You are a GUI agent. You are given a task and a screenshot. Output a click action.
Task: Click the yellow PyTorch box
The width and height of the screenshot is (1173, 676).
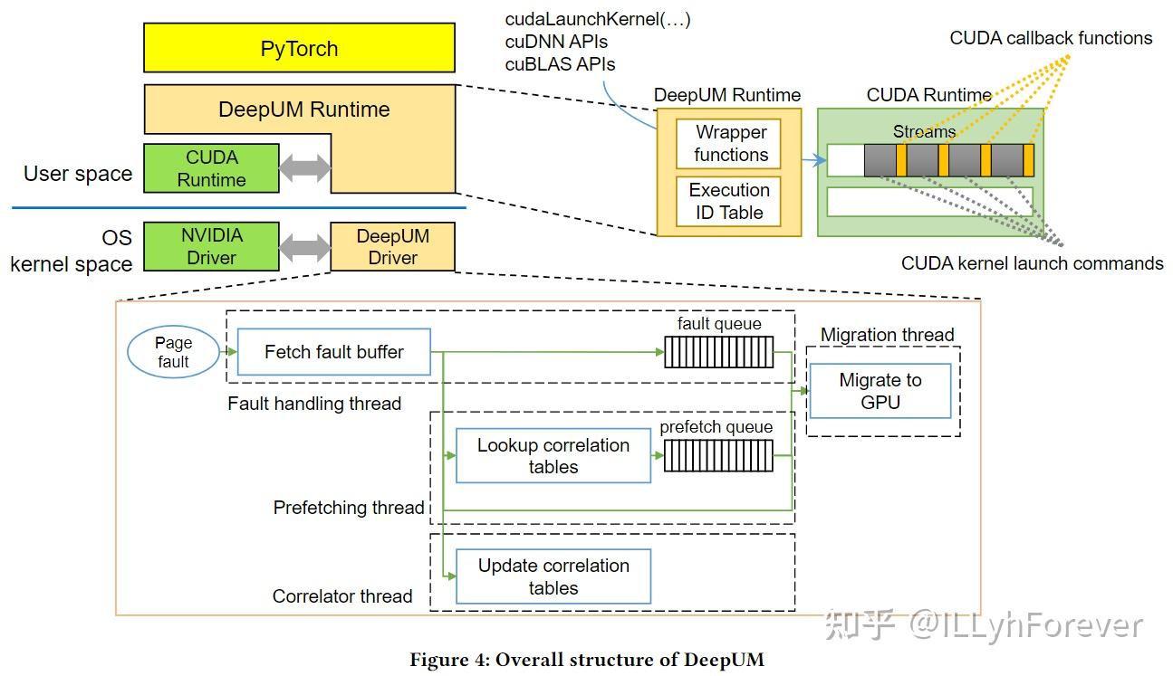(299, 48)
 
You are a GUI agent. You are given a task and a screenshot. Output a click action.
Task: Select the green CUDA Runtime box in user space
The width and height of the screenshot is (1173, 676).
(211, 168)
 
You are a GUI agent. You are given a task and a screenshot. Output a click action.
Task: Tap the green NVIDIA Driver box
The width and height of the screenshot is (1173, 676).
(211, 246)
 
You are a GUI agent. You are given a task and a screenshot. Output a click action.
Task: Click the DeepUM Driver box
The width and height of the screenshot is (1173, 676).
(392, 247)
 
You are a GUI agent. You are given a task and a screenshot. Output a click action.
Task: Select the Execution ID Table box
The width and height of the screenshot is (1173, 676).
(729, 202)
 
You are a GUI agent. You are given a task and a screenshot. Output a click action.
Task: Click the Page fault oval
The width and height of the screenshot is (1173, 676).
(173, 352)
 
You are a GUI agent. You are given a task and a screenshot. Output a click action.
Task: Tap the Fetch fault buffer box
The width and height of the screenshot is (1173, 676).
(333, 352)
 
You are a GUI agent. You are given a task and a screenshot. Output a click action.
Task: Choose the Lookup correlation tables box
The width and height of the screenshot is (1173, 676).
(553, 456)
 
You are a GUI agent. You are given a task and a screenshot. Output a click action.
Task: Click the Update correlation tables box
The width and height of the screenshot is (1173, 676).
(553, 576)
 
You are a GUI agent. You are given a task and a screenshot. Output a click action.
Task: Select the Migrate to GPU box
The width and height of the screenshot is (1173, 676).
(880, 391)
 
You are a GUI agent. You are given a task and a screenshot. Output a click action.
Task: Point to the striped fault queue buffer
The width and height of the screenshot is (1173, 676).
(719, 352)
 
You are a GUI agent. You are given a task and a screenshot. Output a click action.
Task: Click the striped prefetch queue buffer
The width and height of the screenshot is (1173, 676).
(719, 455)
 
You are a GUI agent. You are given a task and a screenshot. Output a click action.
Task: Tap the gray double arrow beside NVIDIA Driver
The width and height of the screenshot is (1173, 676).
(305, 247)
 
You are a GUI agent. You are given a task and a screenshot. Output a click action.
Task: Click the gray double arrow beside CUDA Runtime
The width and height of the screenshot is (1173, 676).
(305, 168)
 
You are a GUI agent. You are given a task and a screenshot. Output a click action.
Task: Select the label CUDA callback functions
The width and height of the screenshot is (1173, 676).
(1051, 38)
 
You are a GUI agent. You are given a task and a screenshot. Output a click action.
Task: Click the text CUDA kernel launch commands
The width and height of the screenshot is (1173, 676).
(1032, 263)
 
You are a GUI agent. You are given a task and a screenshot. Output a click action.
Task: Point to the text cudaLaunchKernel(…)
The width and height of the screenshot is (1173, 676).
(597, 19)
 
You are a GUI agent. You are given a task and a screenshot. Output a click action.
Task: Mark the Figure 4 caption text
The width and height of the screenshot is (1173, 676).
(586, 660)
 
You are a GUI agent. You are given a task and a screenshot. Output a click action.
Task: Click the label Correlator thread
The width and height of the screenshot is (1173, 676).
(342, 596)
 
